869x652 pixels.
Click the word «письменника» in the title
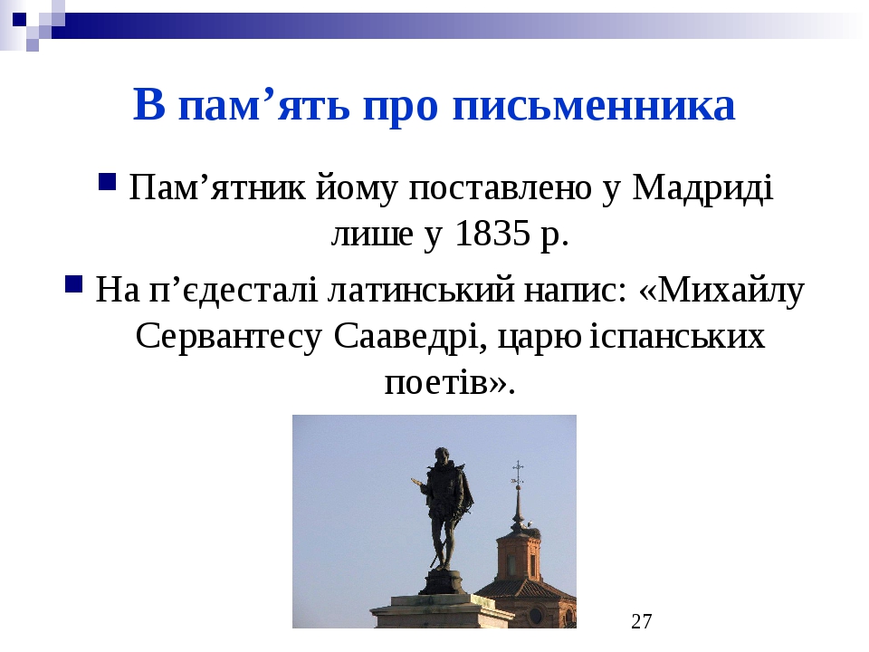pos(594,105)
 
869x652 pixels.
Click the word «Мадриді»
pos(702,187)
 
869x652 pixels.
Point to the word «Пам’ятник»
pos(216,187)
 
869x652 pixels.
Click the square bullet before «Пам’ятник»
pos(107,181)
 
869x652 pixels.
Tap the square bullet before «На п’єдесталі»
pos(73,283)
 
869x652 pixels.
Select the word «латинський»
pos(421,290)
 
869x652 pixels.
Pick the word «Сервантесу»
pos(228,336)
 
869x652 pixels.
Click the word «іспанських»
pos(677,336)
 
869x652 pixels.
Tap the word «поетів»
pos(436,382)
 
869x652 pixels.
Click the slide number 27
pos(641,621)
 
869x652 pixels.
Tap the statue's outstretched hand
pos(415,481)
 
